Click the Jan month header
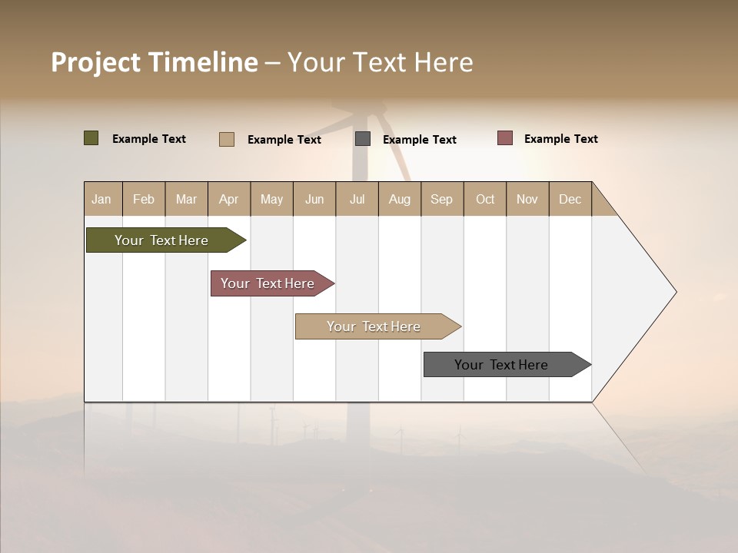click(x=102, y=199)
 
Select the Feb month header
click(x=144, y=199)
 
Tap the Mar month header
click(x=186, y=199)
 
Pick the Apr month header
click(x=228, y=199)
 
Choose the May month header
click(x=271, y=199)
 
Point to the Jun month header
click(x=314, y=199)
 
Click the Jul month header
click(x=357, y=199)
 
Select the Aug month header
click(x=400, y=199)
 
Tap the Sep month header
click(x=442, y=199)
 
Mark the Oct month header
click(x=485, y=199)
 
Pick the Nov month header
click(x=527, y=199)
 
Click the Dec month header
click(x=570, y=199)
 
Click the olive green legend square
click(x=91, y=138)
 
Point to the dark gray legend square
click(x=363, y=139)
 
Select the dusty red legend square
click(x=504, y=138)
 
